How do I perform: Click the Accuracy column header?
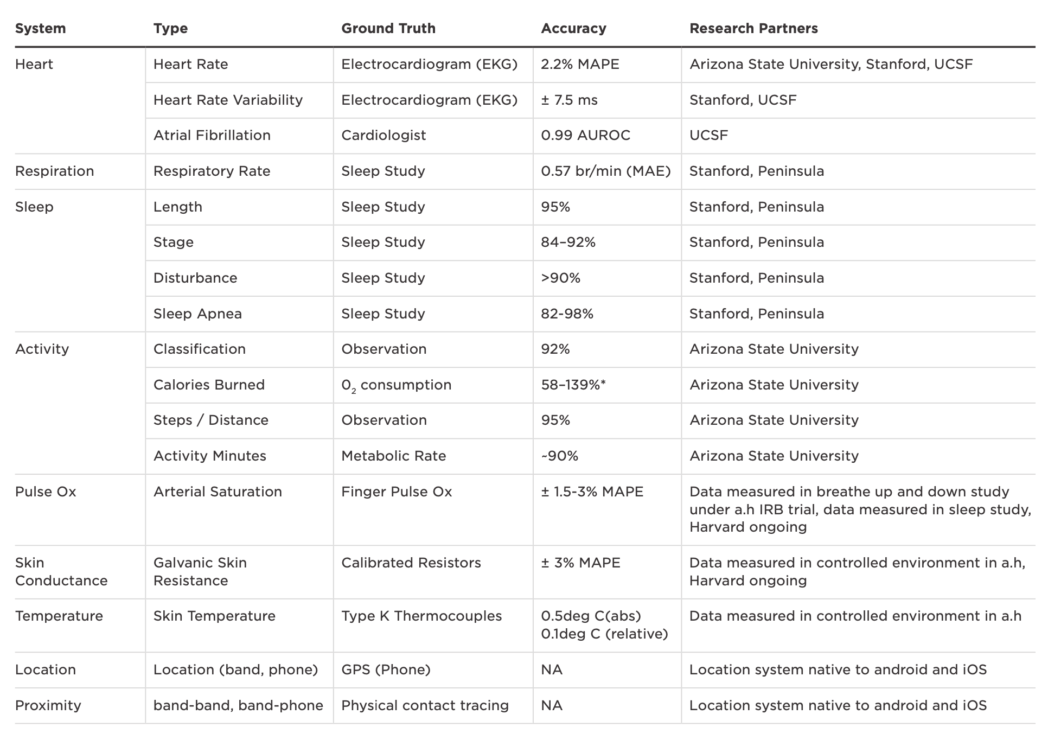pyautogui.click(x=573, y=28)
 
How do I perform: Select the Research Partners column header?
pyautogui.click(x=753, y=28)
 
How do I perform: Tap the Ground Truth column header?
pyautogui.click(x=388, y=28)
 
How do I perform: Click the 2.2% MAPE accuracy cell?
pyautogui.click(x=580, y=64)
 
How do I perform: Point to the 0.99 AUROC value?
pyautogui.click(x=585, y=135)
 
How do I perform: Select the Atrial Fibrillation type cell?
pyautogui.click(x=212, y=135)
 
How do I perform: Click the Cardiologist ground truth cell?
pyautogui.click(x=384, y=135)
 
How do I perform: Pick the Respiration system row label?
pyautogui.click(x=54, y=171)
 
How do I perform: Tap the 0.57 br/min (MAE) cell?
pyautogui.click(x=605, y=171)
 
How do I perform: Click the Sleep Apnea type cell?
pyautogui.click(x=197, y=314)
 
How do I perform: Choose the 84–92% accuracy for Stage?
pyautogui.click(x=568, y=242)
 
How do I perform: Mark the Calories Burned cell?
pyautogui.click(x=209, y=385)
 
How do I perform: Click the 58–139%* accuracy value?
pyautogui.click(x=573, y=385)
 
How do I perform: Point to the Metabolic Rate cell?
pyautogui.click(x=393, y=456)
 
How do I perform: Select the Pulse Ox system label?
pyautogui.click(x=46, y=492)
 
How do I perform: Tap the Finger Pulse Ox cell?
pyautogui.click(x=397, y=492)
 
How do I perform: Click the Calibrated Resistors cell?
pyautogui.click(x=411, y=563)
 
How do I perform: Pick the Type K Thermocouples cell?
pyautogui.click(x=421, y=616)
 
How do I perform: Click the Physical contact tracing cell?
pyautogui.click(x=425, y=705)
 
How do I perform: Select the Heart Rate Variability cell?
pyautogui.click(x=228, y=100)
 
